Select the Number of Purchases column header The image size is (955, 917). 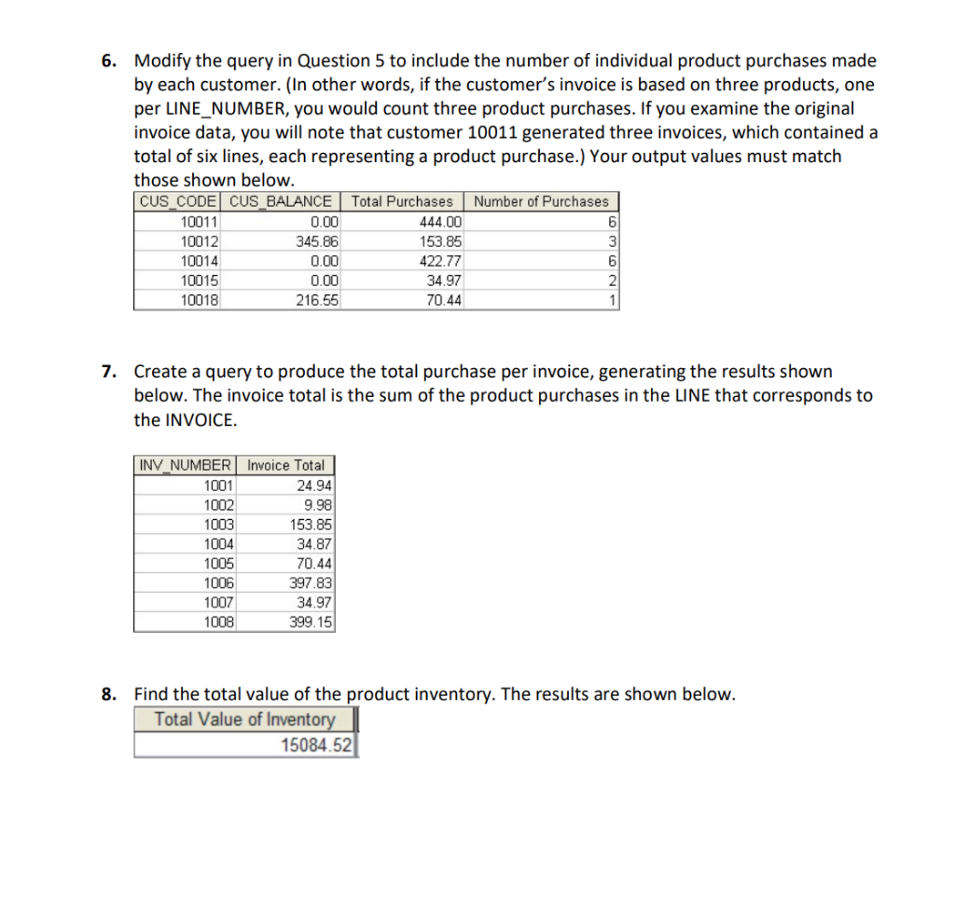click(541, 201)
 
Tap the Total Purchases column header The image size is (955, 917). click(402, 201)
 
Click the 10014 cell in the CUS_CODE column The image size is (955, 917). click(198, 261)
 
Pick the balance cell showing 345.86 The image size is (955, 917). click(316, 241)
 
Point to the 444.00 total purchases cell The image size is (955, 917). click(441, 222)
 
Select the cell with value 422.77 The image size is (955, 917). click(441, 261)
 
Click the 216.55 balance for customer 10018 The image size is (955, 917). click(318, 300)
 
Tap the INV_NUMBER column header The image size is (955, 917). click(187, 465)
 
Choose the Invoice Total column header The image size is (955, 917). click(286, 465)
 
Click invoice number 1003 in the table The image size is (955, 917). click(220, 524)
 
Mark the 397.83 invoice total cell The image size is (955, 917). click(311, 582)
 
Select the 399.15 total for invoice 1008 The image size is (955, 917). click(311, 622)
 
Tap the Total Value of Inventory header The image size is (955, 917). click(244, 719)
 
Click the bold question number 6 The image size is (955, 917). click(109, 62)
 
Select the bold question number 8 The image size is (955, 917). click(109, 694)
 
